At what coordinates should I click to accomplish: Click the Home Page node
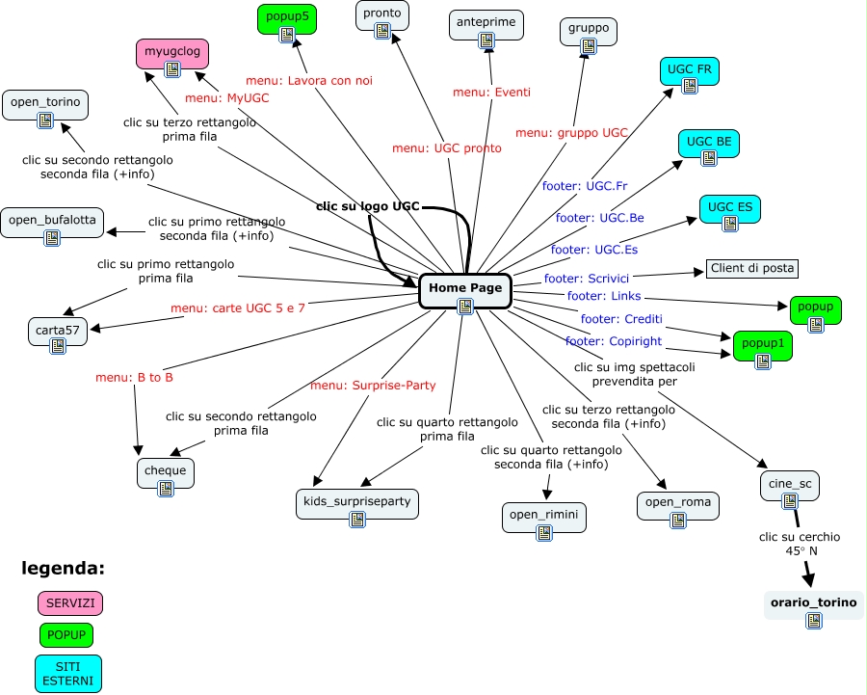point(465,291)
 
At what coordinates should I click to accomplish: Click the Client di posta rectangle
point(752,268)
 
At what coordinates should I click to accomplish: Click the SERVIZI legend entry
point(70,603)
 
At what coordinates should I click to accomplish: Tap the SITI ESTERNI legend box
point(68,674)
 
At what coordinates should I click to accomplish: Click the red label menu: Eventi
point(491,93)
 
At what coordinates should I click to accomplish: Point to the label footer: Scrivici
point(587,279)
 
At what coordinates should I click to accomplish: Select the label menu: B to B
point(134,377)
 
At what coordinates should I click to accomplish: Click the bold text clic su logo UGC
point(368,206)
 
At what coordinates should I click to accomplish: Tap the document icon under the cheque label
point(166,489)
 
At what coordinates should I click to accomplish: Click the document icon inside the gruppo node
point(589,46)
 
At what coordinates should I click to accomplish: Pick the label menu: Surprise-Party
point(373,386)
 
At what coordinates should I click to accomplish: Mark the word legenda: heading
point(63,569)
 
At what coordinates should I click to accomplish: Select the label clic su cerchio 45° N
point(800,544)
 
